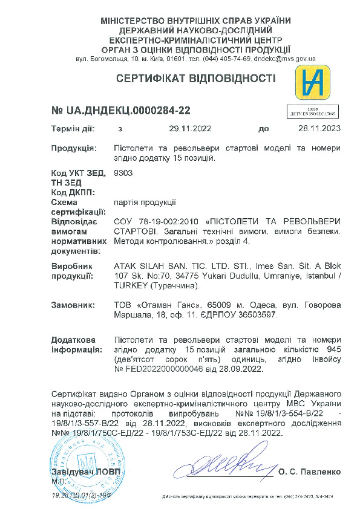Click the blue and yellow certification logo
312,83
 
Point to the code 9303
123,172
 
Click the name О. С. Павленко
310,472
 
